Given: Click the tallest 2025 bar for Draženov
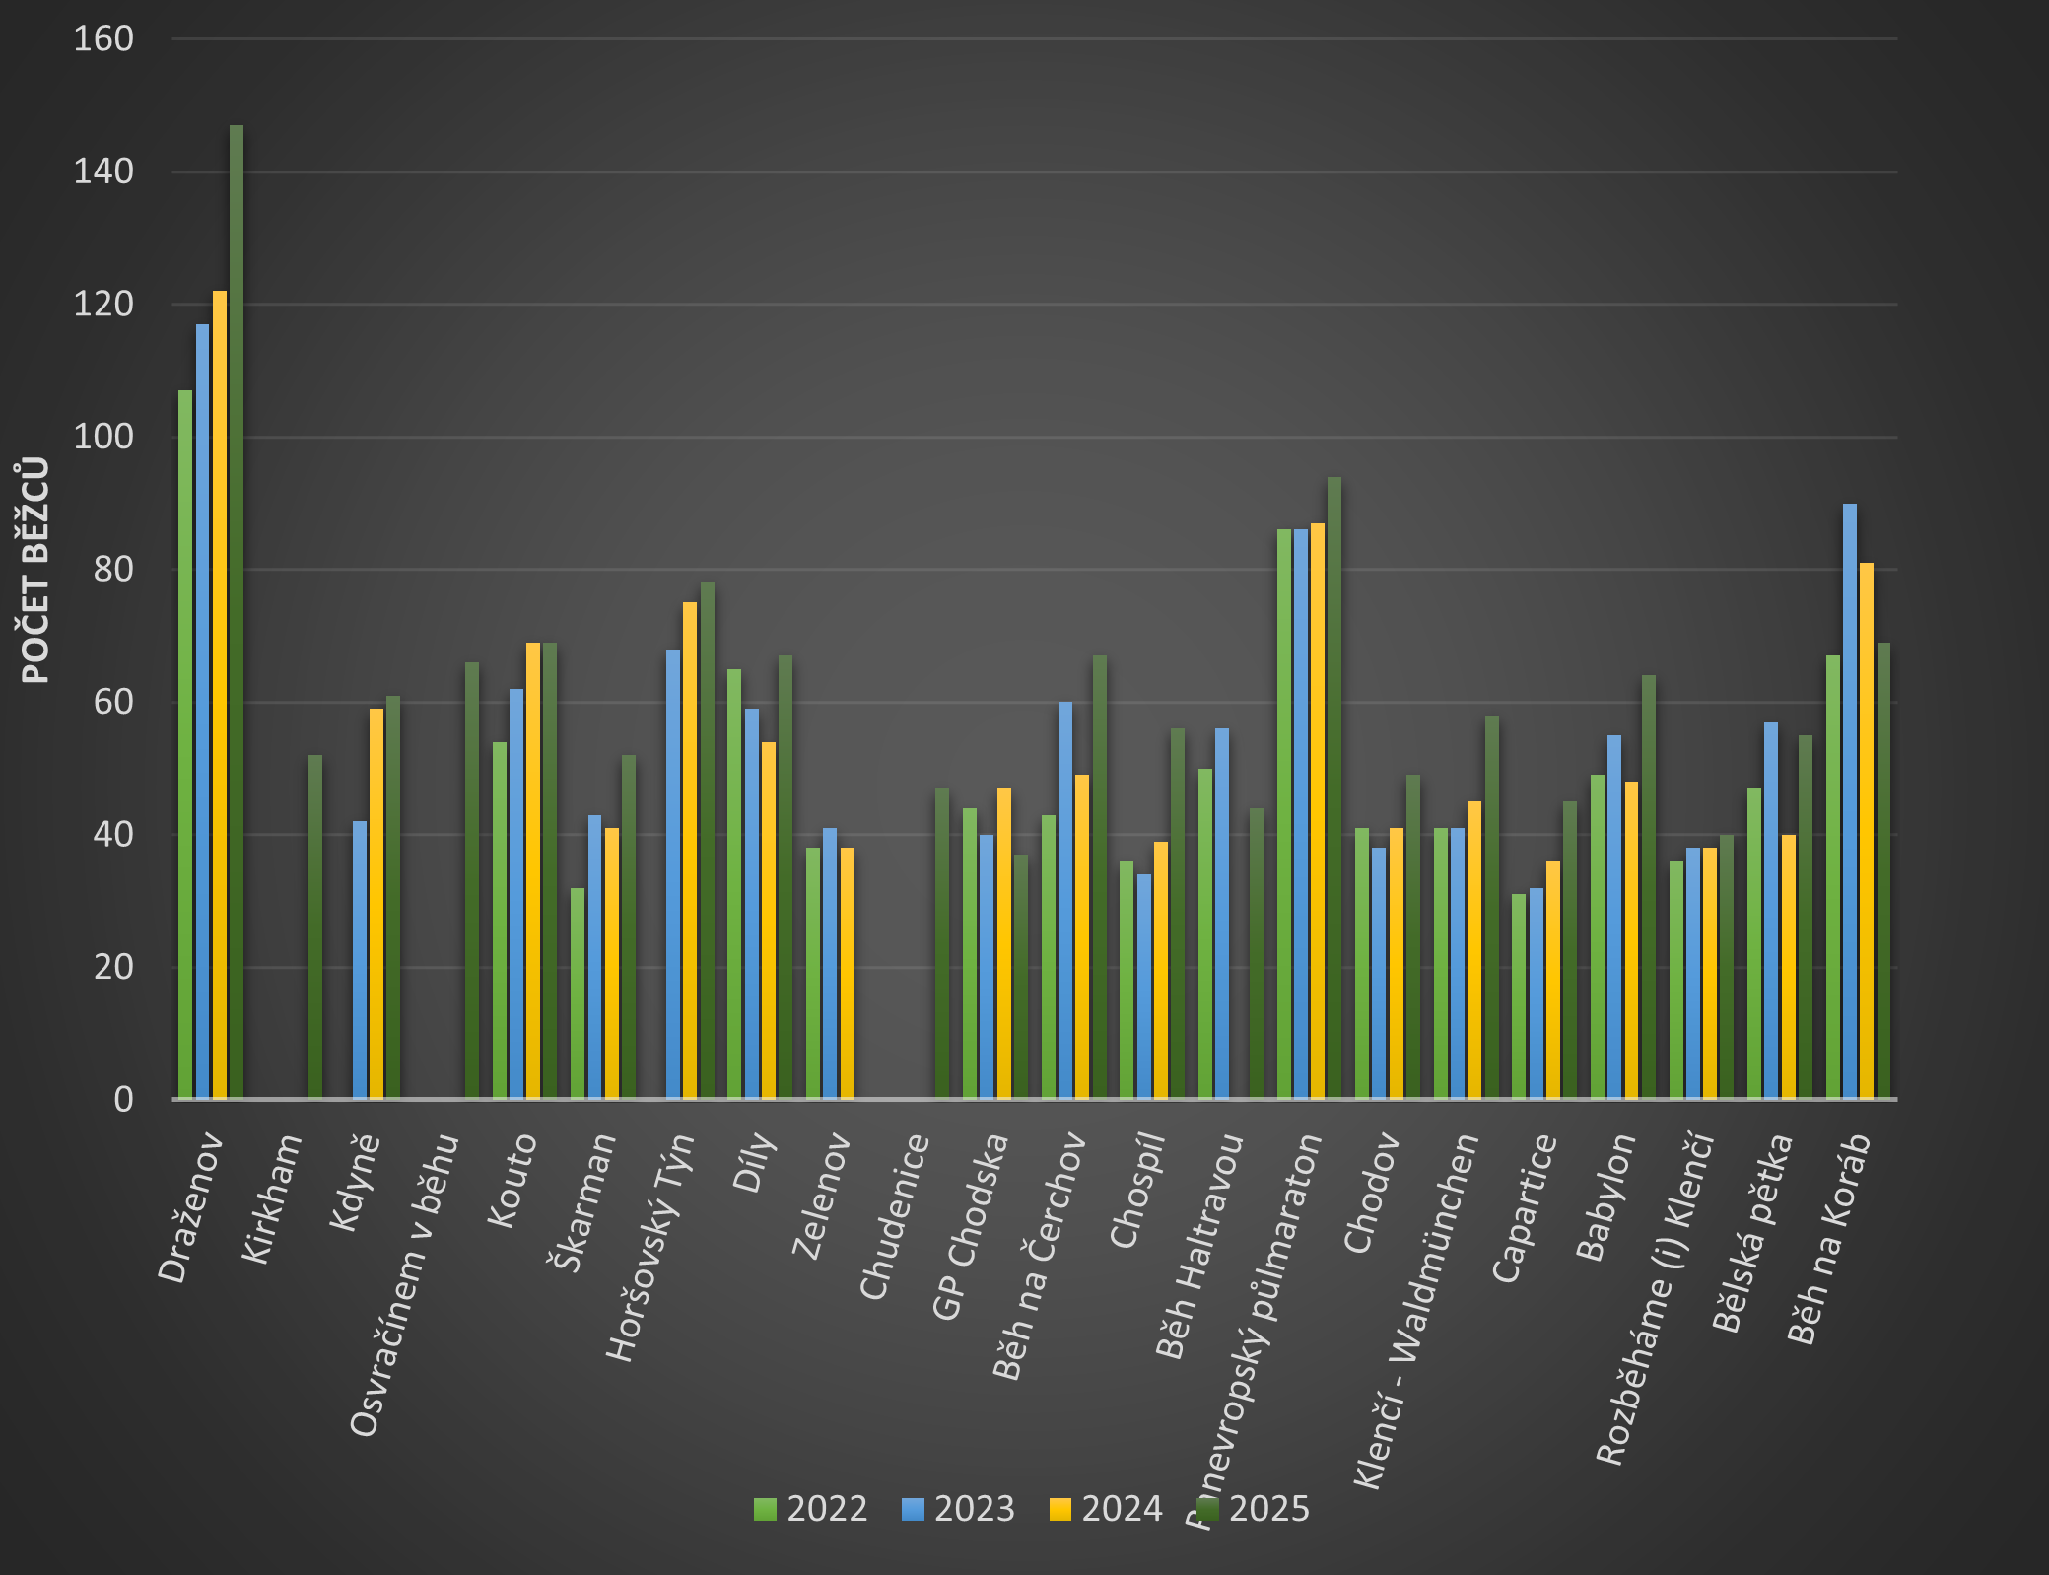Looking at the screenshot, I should tap(237, 611).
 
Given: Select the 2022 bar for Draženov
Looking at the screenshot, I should tap(185, 744).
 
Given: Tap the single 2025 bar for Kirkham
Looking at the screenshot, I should tap(315, 926).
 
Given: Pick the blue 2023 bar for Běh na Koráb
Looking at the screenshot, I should tap(1850, 800).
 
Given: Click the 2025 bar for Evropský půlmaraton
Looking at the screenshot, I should tap(1334, 788).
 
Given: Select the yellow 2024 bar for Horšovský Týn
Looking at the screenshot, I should tap(690, 850).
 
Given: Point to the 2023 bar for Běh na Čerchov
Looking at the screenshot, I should tap(1065, 900).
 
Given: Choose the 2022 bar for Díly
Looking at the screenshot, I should tap(734, 883).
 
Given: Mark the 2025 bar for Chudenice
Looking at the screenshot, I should tap(942, 943).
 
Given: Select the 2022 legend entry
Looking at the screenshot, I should tap(811, 1509).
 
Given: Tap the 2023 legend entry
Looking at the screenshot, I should tap(959, 1509).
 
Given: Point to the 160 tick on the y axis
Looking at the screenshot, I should tap(103, 39).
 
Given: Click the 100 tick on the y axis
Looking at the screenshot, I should tap(103, 437).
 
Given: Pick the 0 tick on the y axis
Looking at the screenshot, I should tap(123, 1099).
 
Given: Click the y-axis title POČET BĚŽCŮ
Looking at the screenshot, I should tap(35, 570).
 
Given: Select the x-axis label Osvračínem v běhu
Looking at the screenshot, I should tap(405, 1285).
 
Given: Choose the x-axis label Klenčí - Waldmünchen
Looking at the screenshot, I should tap(1417, 1311).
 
